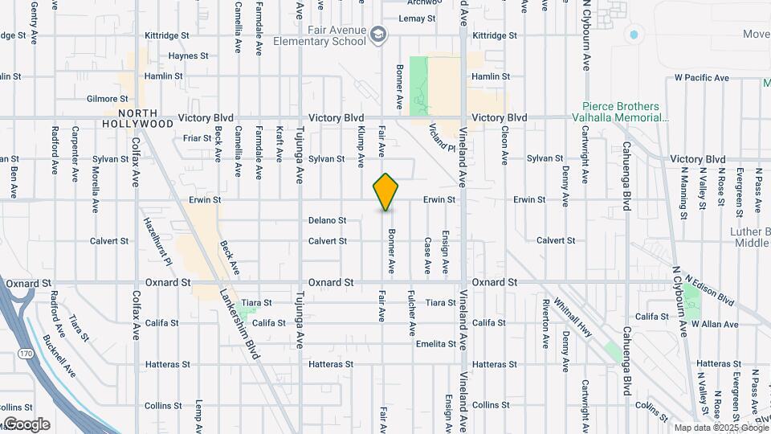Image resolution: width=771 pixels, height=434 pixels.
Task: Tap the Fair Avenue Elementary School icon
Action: coord(378,35)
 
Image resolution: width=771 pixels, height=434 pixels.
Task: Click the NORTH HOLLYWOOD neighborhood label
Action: coord(138,118)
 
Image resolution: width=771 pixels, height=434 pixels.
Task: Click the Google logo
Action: coord(26,424)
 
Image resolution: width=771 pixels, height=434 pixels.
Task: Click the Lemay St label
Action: coord(417,18)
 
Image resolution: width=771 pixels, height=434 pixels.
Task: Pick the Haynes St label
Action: coord(188,56)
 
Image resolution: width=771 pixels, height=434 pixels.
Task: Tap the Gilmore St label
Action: coord(107,99)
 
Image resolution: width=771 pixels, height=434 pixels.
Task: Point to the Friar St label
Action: coord(197,138)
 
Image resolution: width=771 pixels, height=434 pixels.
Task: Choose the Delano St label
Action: coord(327,220)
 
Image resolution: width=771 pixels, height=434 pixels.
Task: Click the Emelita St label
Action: coord(436,344)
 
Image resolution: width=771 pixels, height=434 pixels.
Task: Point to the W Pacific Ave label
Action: coord(701,78)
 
